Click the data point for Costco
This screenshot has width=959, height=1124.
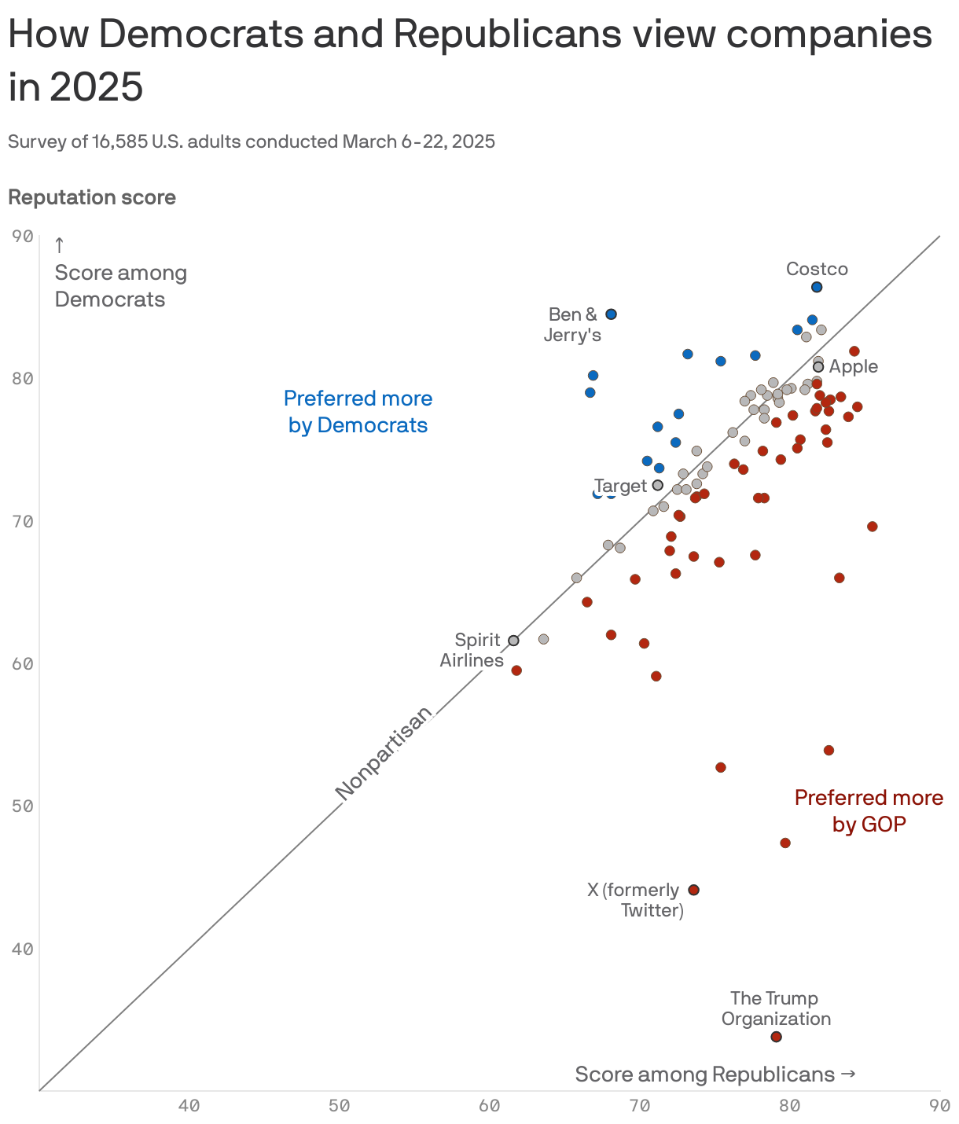coord(817,287)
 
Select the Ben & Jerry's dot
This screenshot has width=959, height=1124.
coord(611,314)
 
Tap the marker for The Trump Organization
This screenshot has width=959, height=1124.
coord(776,1037)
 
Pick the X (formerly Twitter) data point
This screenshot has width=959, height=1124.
coord(693,890)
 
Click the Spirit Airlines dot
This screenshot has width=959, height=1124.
coord(513,641)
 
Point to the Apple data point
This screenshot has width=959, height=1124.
coord(818,367)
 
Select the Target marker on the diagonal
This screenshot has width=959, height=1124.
coord(658,485)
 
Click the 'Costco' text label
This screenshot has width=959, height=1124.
coord(817,269)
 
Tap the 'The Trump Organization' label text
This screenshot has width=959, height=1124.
coord(775,1008)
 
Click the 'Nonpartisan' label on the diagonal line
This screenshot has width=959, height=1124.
coord(384,754)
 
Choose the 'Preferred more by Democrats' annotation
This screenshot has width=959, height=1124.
coord(358,411)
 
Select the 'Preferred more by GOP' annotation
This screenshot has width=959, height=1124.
coord(869,810)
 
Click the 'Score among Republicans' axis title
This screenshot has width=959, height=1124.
coord(715,1074)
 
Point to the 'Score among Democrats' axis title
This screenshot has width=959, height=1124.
coord(120,286)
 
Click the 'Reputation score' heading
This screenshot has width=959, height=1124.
coord(92,197)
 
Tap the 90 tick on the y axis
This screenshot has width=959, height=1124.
coord(24,236)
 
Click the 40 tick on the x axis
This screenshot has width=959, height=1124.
coord(189,1106)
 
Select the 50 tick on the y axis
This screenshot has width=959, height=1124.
coord(24,806)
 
